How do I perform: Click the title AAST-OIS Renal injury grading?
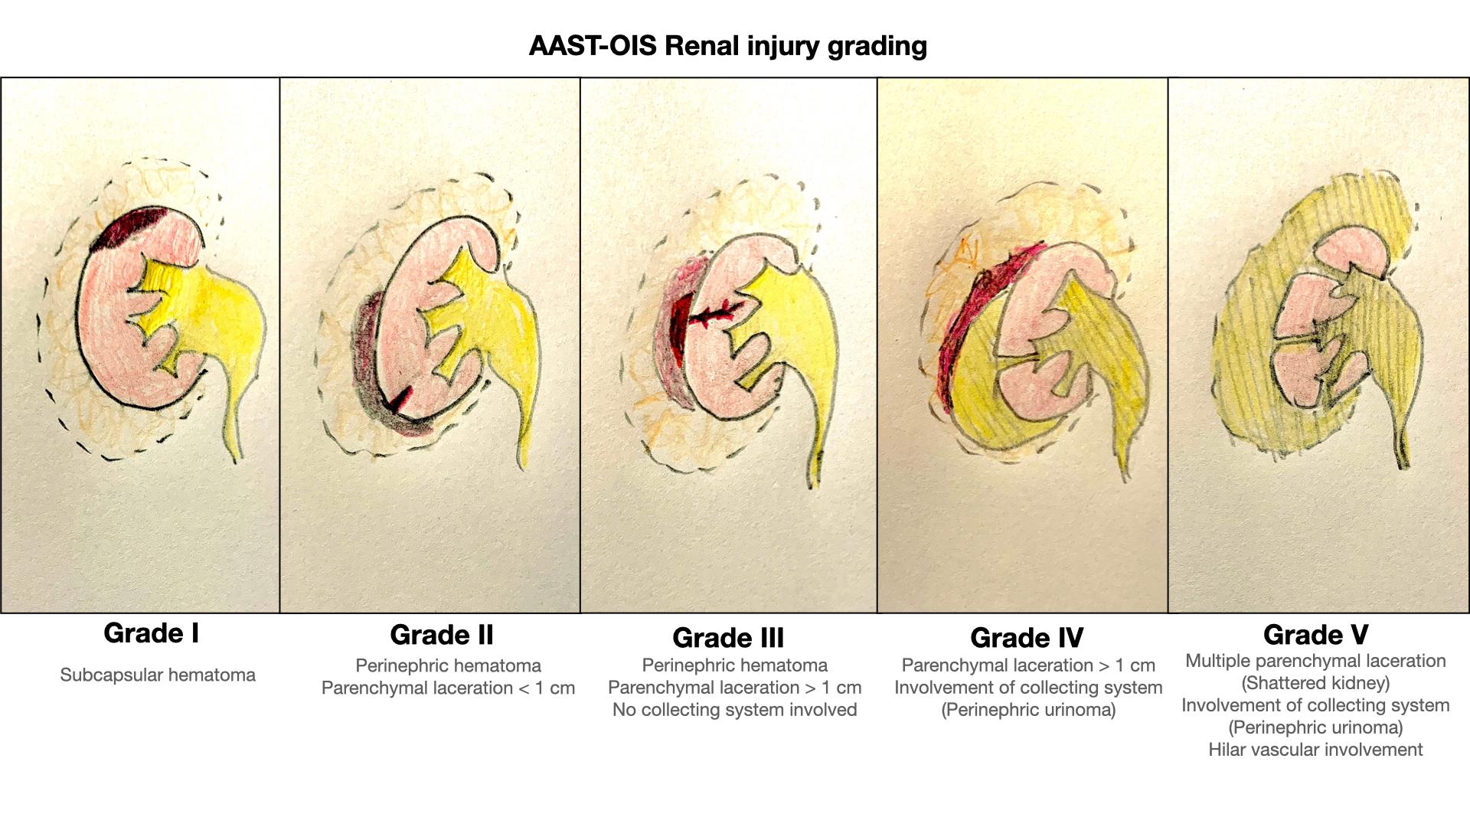[x=727, y=46]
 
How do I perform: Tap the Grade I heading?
[x=152, y=633]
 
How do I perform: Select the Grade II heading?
[x=442, y=635]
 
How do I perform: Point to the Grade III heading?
[x=728, y=638]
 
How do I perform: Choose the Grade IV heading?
[x=1027, y=638]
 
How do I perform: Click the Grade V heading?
[x=1315, y=635]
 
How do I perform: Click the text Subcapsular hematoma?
[x=158, y=675]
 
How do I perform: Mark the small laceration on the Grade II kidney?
[x=400, y=400]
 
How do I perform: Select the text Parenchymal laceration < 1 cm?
[x=448, y=688]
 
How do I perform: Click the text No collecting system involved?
[x=734, y=710]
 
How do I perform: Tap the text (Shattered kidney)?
[x=1315, y=683]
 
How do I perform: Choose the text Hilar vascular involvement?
[x=1315, y=750]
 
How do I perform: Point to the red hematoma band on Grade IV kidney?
[x=976, y=322]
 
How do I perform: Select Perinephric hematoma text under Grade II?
[x=448, y=665]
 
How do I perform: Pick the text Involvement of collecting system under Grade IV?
[x=1028, y=688]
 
